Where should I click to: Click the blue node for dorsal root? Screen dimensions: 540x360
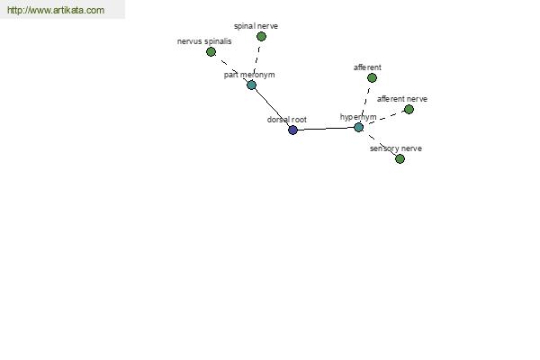[292, 130]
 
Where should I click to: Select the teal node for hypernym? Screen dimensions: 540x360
[358, 127]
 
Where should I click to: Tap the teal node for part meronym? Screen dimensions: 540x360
[251, 85]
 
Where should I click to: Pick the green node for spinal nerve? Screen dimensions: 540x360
[261, 36]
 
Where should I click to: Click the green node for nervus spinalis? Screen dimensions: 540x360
[211, 51]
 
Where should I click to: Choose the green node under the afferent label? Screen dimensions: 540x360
[372, 78]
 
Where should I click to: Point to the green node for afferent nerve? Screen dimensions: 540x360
[409, 109]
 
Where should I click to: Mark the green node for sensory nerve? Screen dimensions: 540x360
[400, 158]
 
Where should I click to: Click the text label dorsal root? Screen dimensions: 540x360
[287, 120]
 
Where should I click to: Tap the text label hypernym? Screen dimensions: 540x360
[358, 117]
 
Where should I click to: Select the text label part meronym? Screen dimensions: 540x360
[249, 75]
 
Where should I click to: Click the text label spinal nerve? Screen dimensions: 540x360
[256, 26]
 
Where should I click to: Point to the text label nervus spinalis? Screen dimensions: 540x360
[204, 41]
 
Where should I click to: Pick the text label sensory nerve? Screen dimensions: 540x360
[396, 148]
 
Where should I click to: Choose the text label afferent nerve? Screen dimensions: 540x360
[402, 99]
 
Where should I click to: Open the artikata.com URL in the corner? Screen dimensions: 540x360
[56, 10]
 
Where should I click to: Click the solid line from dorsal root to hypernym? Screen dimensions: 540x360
[326, 129]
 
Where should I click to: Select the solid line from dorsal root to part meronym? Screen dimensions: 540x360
[272, 107]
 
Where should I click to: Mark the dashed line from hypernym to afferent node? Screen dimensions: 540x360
[365, 103]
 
